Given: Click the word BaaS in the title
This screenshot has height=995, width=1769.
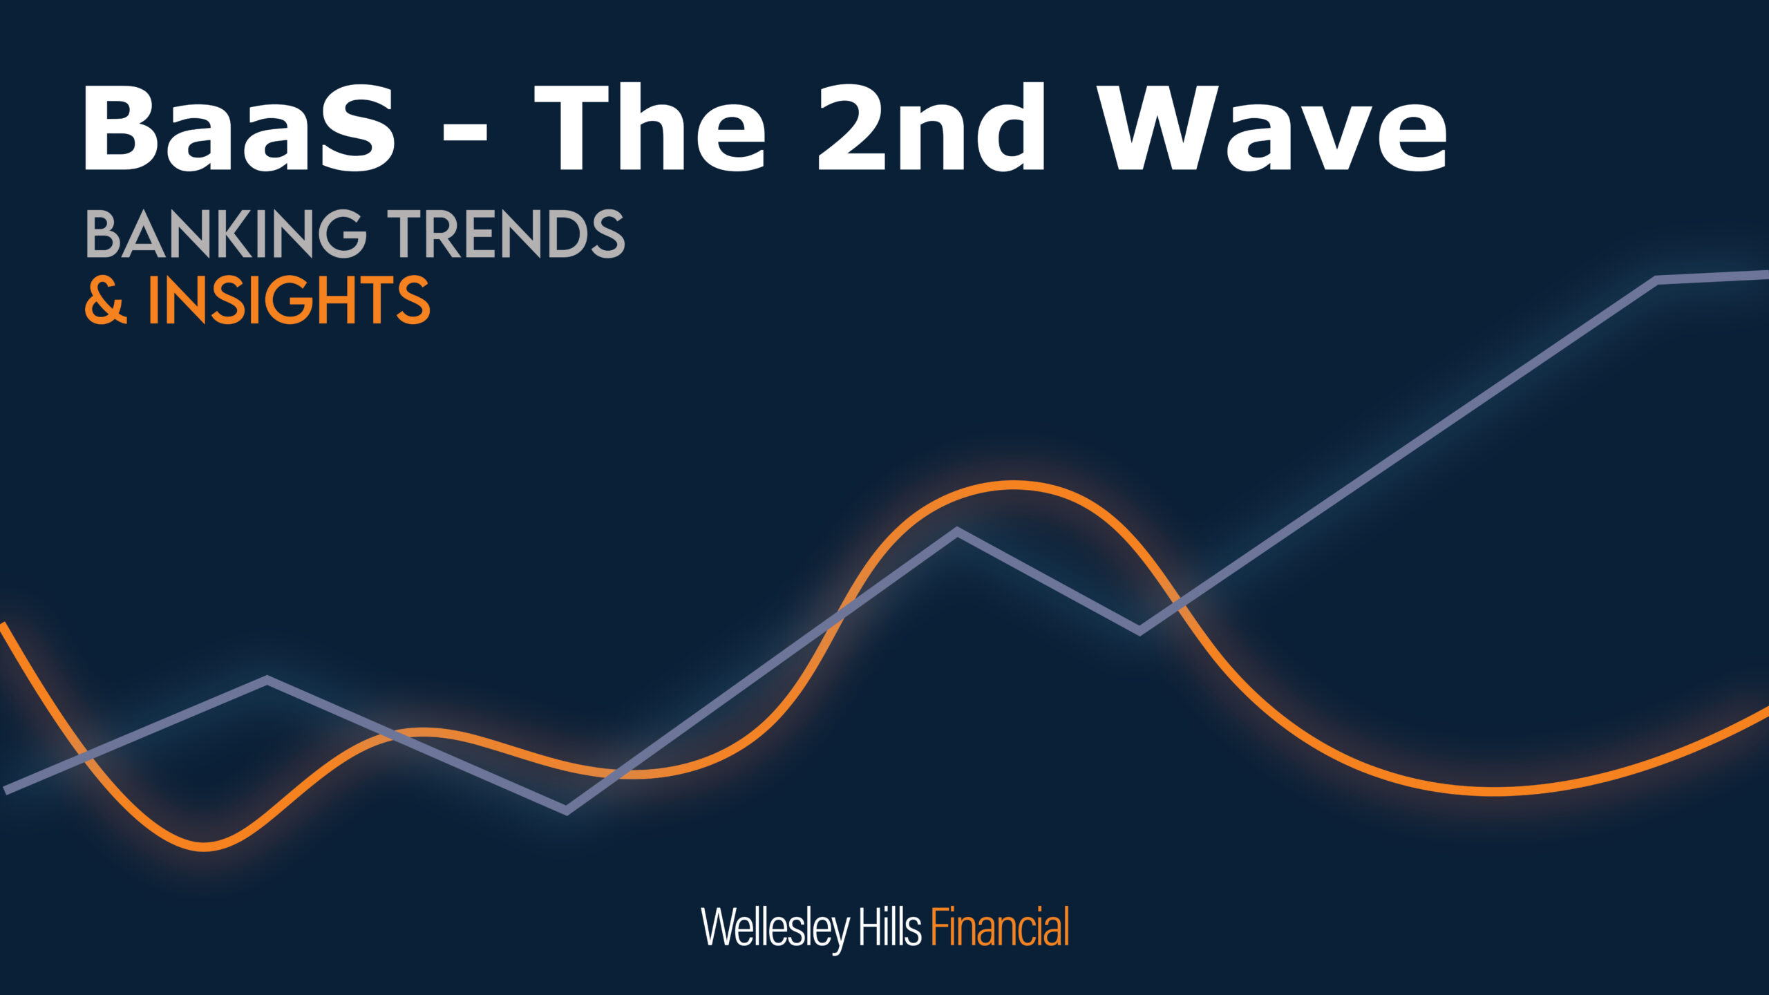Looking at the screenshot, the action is (x=239, y=128).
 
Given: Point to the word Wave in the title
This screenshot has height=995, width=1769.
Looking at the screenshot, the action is (x=1272, y=128).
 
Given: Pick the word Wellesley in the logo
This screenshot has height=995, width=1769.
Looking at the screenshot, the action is (x=775, y=928).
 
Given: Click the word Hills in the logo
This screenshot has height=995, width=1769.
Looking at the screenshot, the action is (x=890, y=926).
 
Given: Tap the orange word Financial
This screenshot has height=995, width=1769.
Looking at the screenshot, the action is (x=1000, y=926).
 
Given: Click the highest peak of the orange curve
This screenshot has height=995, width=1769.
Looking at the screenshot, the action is (x=1014, y=485).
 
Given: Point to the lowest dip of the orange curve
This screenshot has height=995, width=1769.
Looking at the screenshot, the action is (x=204, y=846).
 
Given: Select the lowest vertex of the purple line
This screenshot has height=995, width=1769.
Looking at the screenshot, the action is (x=567, y=810).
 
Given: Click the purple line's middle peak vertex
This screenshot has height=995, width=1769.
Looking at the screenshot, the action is (x=957, y=531).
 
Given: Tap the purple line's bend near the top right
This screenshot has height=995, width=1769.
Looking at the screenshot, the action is (x=1656, y=280).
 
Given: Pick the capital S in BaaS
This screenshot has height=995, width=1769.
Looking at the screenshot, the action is (x=354, y=128).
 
